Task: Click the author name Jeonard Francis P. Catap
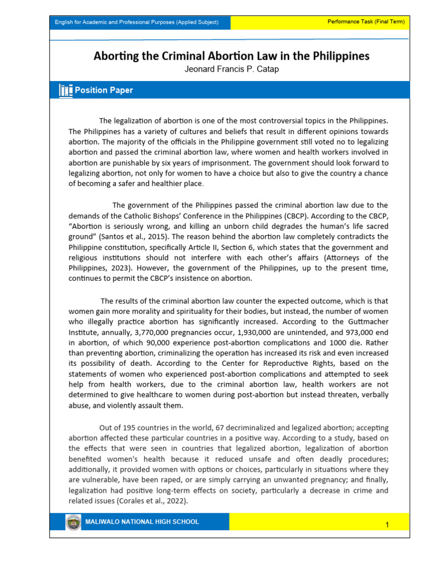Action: (x=231, y=70)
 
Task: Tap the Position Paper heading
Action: (x=104, y=90)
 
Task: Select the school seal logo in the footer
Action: (x=72, y=522)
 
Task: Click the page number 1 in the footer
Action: (x=388, y=525)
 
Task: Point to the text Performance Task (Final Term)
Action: (x=366, y=22)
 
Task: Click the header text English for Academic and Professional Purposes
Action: (x=136, y=22)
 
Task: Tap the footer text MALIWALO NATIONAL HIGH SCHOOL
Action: (x=142, y=522)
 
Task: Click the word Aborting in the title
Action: (x=115, y=56)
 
